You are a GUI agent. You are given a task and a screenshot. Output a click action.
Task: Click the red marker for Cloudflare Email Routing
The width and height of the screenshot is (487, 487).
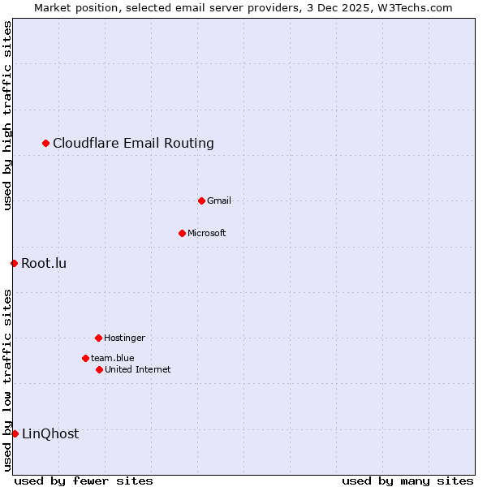(46, 144)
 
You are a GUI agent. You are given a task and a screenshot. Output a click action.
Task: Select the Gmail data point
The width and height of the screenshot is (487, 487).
(202, 200)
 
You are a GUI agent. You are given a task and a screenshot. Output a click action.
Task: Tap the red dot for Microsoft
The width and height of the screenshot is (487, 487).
(183, 234)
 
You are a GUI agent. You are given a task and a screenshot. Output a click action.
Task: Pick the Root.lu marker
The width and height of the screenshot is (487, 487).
(14, 263)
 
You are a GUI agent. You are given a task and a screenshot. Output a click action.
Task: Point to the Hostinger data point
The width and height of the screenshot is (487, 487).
(98, 338)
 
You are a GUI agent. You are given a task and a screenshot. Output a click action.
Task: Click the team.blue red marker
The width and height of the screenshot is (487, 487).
(85, 358)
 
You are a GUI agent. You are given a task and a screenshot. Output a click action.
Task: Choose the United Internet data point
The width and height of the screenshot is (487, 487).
(99, 369)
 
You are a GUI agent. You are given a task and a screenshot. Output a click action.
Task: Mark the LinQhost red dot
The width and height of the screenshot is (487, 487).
(15, 433)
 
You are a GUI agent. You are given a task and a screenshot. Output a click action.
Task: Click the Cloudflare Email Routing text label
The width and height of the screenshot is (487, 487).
(133, 144)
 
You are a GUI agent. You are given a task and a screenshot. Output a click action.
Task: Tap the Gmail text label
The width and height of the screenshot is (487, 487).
(219, 200)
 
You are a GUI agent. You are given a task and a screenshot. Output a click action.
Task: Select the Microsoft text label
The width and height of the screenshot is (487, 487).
(207, 234)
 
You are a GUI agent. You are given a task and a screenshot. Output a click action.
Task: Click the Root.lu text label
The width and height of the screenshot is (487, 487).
(44, 263)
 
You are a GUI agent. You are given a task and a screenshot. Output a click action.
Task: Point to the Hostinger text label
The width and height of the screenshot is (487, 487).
(124, 338)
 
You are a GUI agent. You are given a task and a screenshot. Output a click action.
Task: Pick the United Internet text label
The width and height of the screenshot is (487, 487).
(138, 369)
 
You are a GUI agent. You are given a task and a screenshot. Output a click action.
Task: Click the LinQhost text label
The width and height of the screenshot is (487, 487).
(50, 433)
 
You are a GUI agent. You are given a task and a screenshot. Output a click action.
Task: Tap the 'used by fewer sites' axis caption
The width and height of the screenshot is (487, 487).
(84, 481)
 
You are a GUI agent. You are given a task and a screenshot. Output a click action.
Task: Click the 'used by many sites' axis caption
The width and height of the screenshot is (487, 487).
(407, 481)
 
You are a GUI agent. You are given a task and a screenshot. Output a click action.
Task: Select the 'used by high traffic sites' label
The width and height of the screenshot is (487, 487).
(7, 115)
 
